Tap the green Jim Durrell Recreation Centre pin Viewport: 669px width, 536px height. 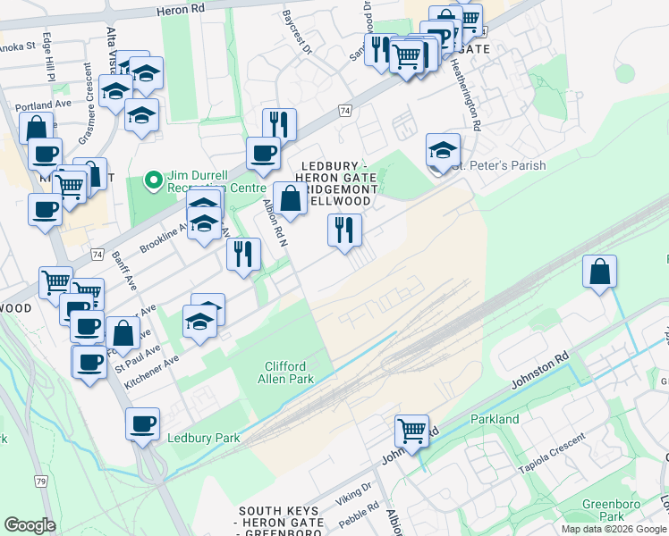coord(154,181)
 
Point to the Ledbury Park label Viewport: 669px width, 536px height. coord(203,438)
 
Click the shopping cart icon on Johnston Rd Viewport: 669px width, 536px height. coord(411,431)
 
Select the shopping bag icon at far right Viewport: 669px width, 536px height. coord(599,272)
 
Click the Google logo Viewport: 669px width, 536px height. coord(30,524)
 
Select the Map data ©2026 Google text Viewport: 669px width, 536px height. coord(614,529)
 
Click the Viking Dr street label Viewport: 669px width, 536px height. coord(353,491)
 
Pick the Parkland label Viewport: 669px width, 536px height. coord(495,419)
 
